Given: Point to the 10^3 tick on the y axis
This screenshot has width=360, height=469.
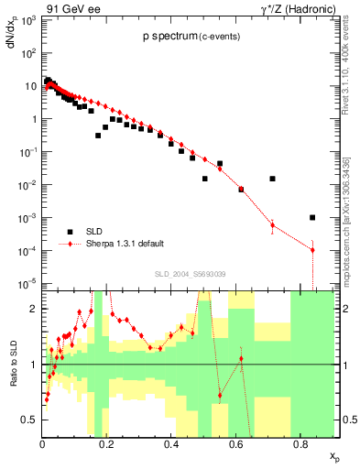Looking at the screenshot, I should click(29, 20).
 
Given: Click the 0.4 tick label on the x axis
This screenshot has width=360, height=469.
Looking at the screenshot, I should click(171, 444).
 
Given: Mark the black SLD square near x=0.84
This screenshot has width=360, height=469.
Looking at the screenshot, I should click(312, 217).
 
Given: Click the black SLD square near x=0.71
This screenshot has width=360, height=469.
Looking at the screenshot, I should click(272, 179).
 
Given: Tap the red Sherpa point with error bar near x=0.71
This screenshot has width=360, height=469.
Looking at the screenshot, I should click(272, 224).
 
